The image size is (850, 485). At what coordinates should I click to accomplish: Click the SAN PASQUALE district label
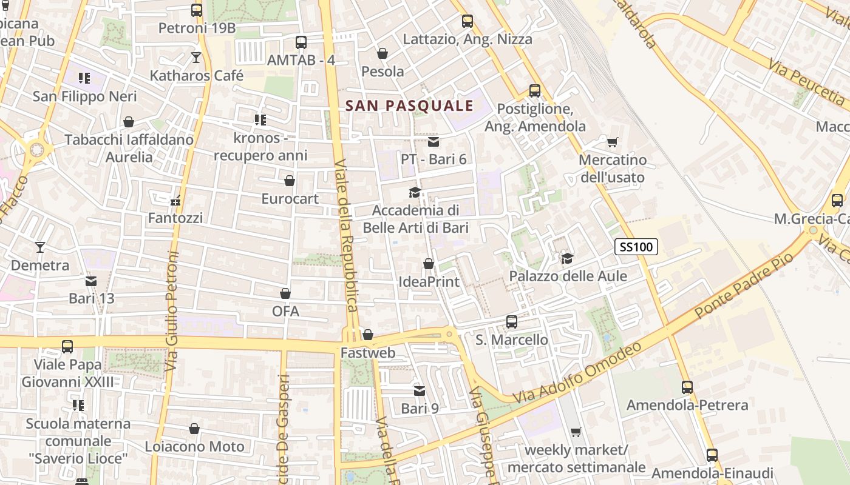[x=409, y=105]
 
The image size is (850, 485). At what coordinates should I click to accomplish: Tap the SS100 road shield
[x=636, y=247]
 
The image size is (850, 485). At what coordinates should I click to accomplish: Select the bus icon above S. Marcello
[x=512, y=322]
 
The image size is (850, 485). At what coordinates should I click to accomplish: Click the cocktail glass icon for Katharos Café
[x=196, y=58]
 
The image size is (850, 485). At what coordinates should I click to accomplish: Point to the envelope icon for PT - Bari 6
[x=433, y=142]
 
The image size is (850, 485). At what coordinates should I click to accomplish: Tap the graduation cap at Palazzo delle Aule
[x=568, y=259]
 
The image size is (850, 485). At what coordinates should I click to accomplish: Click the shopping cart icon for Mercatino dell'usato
[x=612, y=142]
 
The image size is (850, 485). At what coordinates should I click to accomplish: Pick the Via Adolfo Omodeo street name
[x=577, y=373]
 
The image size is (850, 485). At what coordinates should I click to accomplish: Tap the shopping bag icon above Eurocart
[x=290, y=181]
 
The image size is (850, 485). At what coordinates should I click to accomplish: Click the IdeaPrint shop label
[x=429, y=282]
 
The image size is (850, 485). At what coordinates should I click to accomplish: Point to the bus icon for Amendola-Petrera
[x=687, y=387]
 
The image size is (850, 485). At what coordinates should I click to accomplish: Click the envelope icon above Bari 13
[x=91, y=281]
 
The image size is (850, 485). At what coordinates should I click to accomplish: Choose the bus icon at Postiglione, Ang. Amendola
[x=535, y=91]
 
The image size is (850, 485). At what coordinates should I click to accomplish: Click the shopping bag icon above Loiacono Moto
[x=194, y=429]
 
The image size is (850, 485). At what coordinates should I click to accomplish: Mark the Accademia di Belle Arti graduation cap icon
[x=415, y=193]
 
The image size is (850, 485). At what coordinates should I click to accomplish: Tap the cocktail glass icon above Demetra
[x=40, y=247]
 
